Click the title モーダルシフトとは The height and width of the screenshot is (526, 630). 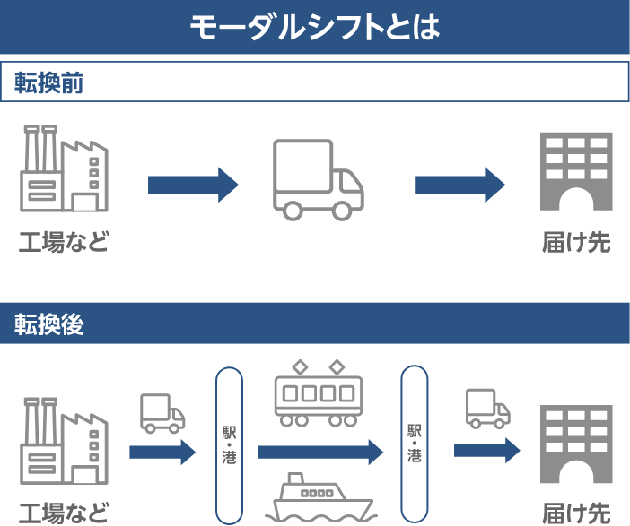[314, 27]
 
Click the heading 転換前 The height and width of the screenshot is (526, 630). [49, 82]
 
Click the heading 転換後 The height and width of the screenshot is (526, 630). [49, 324]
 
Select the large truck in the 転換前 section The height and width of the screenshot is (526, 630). [318, 179]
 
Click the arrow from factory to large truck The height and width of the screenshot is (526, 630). [193, 185]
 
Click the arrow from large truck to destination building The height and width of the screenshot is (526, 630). [459, 185]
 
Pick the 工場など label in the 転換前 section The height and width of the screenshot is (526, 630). [64, 242]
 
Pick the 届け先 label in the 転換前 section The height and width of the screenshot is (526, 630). [576, 242]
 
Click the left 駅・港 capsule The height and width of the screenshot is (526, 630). [230, 444]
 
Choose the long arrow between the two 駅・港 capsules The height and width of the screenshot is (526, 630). [320, 452]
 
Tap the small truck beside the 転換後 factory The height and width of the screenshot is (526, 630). [162, 413]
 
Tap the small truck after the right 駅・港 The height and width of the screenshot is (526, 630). [487, 408]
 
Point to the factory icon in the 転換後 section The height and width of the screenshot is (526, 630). [64, 441]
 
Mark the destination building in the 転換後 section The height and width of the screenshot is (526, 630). [576, 444]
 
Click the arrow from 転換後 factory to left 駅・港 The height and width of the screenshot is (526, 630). [162, 452]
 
